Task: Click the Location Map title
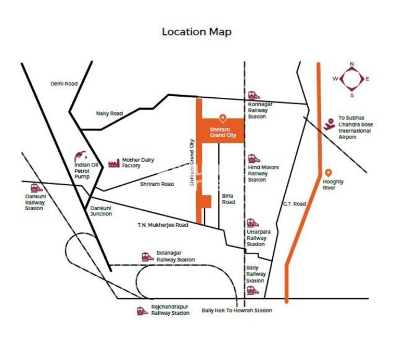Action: [196, 32]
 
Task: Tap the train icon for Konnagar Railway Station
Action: [253, 95]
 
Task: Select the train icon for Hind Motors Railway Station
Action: [253, 159]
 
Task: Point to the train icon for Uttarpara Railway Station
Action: [253, 223]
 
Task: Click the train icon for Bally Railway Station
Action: [253, 290]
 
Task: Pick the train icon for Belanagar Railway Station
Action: [147, 256]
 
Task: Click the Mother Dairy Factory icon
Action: [113, 163]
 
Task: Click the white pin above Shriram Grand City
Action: [223, 118]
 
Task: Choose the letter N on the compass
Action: [352, 64]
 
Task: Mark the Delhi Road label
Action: [64, 83]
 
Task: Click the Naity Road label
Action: [109, 113]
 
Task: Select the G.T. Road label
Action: [295, 204]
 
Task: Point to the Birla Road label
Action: [229, 199]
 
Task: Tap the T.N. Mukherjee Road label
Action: [163, 225]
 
